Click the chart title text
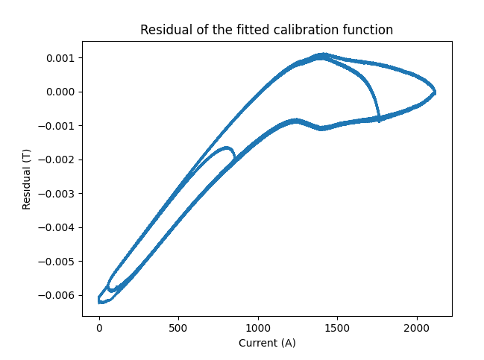(x=266, y=30)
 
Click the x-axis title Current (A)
(x=266, y=343)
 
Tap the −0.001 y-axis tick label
(x=57, y=126)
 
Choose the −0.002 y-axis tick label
(x=57, y=160)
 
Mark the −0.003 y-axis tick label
(x=57, y=194)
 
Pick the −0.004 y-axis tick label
(x=57, y=227)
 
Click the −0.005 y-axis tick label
(x=57, y=262)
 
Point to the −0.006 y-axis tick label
(x=57, y=295)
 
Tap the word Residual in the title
(x=163, y=30)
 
